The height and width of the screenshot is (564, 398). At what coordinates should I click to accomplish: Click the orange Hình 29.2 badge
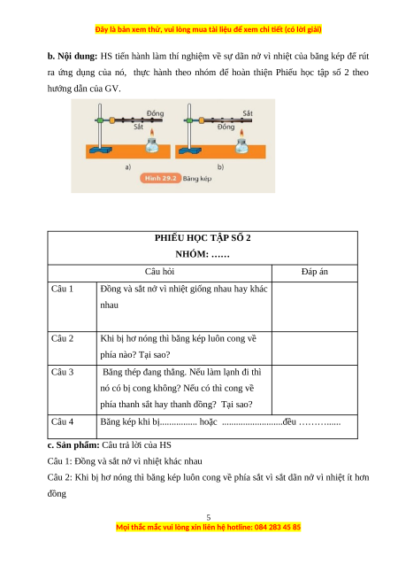tap(161, 178)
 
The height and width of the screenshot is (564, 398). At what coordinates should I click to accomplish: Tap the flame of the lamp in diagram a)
tap(152, 133)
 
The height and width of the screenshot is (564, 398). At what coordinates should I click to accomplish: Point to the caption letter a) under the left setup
tap(128, 166)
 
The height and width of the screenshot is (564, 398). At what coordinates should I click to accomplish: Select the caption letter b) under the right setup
tap(220, 166)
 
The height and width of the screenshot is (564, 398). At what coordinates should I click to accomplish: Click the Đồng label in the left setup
tap(155, 113)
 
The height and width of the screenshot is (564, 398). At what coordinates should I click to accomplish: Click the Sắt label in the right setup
tap(248, 113)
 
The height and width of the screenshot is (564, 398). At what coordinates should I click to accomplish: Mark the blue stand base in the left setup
tap(101, 150)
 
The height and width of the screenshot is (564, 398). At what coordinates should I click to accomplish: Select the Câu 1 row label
tap(62, 289)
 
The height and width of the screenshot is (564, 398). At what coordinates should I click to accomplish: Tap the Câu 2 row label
tap(62, 338)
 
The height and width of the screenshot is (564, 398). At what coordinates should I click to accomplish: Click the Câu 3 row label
tap(62, 372)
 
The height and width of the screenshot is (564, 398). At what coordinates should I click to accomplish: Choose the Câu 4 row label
tap(62, 421)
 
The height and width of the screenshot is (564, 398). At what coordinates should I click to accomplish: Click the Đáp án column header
tap(315, 272)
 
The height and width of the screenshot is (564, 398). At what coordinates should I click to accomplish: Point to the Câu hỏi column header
tap(159, 272)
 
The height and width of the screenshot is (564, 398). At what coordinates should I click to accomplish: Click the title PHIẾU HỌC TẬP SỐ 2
tap(203, 238)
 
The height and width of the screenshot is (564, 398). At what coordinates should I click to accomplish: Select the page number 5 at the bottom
tap(209, 517)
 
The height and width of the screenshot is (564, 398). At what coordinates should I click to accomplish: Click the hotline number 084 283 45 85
tap(278, 528)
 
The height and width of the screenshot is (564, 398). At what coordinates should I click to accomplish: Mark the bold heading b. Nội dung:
tap(73, 57)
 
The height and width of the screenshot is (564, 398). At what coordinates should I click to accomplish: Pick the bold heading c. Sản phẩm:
tap(73, 445)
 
